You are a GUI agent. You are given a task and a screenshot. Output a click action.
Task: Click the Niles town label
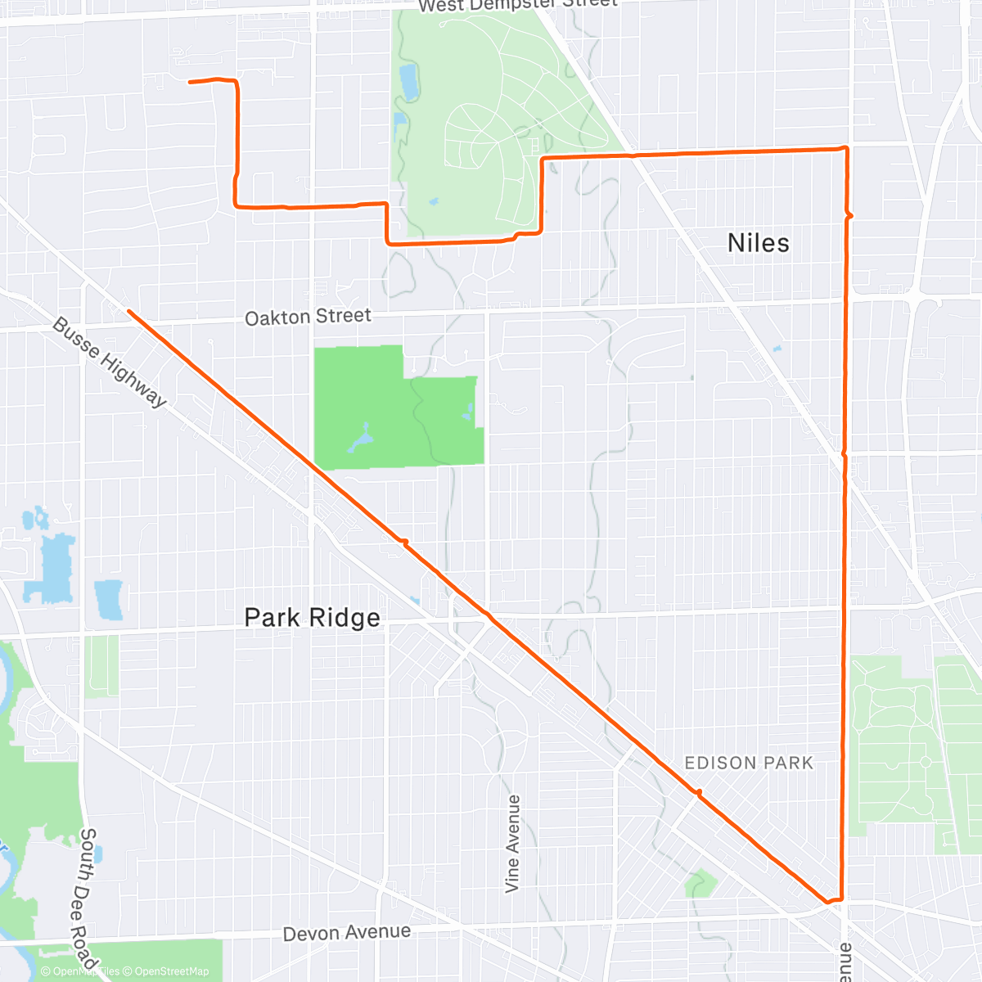click(x=759, y=243)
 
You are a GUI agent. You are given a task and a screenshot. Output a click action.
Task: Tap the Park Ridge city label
click(x=313, y=617)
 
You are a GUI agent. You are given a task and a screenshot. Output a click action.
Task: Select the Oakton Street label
click(x=308, y=317)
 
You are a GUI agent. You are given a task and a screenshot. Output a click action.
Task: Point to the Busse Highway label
click(x=110, y=362)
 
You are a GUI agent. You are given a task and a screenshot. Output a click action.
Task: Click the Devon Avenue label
click(x=347, y=933)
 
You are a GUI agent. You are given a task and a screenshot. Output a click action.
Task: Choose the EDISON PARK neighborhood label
click(x=749, y=763)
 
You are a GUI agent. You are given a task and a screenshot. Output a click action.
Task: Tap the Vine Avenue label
click(x=512, y=843)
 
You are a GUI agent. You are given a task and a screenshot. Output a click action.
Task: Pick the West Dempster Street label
click(x=517, y=5)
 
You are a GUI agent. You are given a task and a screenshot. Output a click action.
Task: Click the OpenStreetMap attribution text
click(x=172, y=971)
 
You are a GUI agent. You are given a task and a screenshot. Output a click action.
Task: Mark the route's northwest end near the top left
click(x=190, y=82)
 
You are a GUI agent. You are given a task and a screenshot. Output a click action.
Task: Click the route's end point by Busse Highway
click(x=128, y=311)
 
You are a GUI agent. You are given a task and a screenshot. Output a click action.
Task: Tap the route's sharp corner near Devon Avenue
click(x=840, y=899)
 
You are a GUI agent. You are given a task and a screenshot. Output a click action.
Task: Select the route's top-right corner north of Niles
click(x=845, y=148)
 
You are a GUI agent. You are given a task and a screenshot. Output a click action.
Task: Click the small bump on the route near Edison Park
click(x=698, y=791)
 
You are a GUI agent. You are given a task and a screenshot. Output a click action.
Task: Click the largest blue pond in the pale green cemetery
click(x=408, y=82)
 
